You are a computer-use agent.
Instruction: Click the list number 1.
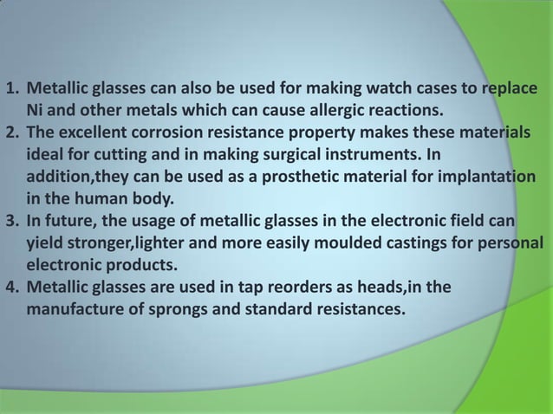pyautogui.click(x=11, y=90)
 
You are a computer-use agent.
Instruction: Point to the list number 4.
pyautogui.click(x=11, y=285)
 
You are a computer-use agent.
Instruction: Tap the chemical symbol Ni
pyautogui.click(x=36, y=112)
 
